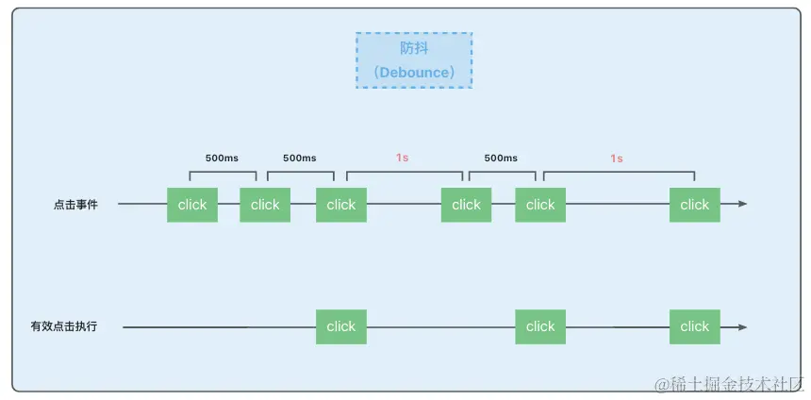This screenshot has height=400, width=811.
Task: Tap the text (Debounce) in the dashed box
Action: (x=414, y=72)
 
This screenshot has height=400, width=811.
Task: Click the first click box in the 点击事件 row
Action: (x=192, y=205)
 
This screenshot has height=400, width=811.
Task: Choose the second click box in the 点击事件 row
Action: (x=265, y=205)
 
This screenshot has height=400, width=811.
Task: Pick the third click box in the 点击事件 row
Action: (x=341, y=205)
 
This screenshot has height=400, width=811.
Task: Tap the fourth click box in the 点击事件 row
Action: (x=466, y=205)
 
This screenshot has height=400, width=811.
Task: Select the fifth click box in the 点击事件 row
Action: (x=540, y=205)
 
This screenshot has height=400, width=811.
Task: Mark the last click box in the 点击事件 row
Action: (x=695, y=205)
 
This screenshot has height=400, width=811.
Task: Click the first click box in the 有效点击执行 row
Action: (x=341, y=326)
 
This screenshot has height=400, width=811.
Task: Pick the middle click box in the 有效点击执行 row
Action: (x=540, y=326)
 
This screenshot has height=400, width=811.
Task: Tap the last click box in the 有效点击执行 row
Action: (x=695, y=326)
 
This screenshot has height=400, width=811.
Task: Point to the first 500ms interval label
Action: (x=222, y=158)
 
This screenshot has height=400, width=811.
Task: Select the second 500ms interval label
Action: (x=300, y=158)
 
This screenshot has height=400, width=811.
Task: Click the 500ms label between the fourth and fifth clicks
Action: (x=501, y=158)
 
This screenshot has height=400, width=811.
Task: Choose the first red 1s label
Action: (x=403, y=158)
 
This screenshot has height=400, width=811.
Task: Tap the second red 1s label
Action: (x=617, y=158)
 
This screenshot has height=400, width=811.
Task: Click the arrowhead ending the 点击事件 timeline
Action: (x=742, y=204)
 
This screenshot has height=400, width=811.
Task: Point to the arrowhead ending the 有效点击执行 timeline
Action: (x=742, y=327)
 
